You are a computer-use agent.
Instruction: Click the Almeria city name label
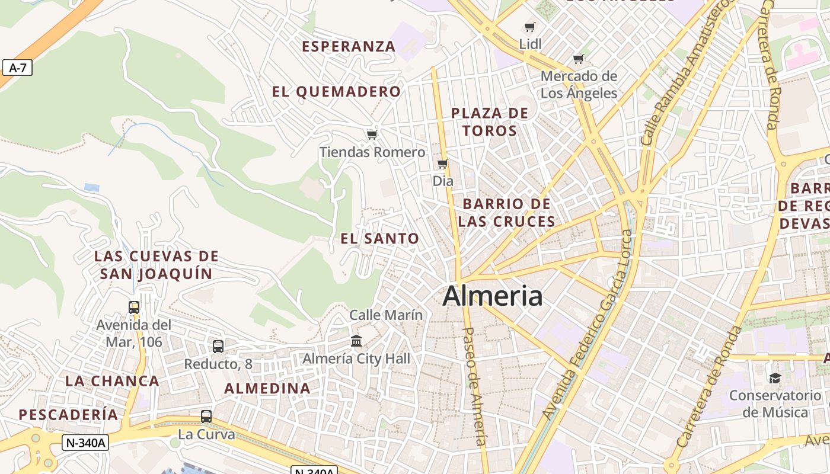492,296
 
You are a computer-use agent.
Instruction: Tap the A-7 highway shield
17,68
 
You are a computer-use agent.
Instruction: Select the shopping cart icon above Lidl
530,27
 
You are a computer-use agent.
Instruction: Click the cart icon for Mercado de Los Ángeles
579,59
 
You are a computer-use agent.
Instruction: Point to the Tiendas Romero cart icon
372,135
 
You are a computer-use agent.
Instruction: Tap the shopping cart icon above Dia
442,164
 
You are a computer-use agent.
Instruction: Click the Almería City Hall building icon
356,341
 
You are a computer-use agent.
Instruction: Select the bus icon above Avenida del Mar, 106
134,307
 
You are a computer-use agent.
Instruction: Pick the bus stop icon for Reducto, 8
218,346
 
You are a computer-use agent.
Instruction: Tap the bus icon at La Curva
206,416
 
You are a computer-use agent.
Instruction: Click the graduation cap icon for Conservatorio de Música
774,378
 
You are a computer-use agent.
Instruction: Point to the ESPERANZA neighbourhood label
348,46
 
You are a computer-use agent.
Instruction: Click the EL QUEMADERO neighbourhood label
336,92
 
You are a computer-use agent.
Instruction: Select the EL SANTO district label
379,239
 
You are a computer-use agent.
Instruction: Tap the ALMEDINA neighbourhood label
267,389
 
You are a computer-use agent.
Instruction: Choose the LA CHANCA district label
112,381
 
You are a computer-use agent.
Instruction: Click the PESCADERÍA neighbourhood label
68,415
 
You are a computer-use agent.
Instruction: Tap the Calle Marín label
386,315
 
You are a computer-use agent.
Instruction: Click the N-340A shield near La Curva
85,442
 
